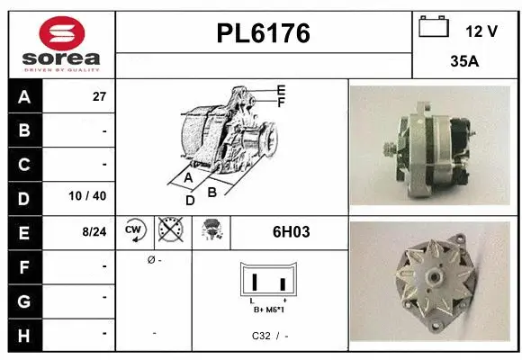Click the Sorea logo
click(61, 43)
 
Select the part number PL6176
click(264, 33)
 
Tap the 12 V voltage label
click(481, 31)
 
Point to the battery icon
click(434, 27)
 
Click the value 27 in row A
click(99, 97)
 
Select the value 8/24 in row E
click(94, 231)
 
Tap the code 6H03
click(291, 232)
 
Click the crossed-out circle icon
click(169, 231)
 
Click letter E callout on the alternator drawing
click(281, 90)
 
